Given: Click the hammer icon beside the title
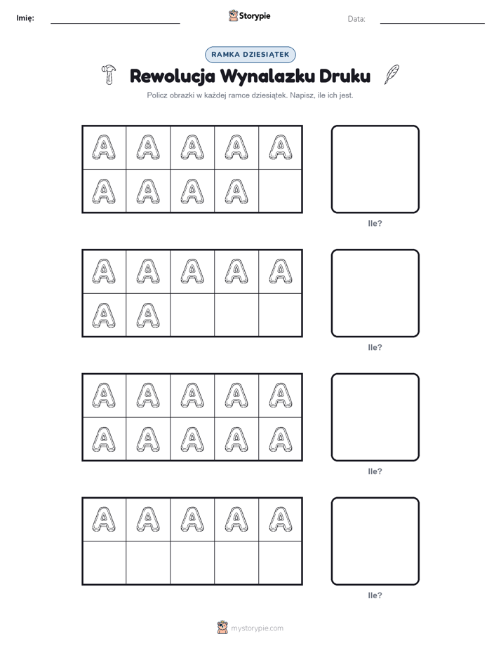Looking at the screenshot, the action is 108,75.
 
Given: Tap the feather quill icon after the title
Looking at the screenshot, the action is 392,74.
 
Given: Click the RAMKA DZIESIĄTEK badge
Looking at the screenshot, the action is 250,55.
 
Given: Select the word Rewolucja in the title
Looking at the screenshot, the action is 173,76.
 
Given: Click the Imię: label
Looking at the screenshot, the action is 25,18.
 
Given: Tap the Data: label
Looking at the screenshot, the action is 356,19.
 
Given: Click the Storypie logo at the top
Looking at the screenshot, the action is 249,15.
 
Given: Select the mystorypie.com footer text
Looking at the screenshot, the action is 257,628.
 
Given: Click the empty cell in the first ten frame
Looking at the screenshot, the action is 280,191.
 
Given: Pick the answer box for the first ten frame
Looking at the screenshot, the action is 375,170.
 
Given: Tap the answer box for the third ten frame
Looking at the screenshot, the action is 375,417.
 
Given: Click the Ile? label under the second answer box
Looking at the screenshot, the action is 375,348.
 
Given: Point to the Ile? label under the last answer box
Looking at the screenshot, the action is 375,595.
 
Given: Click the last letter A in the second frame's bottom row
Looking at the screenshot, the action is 148,316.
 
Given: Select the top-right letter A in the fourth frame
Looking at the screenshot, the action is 281,519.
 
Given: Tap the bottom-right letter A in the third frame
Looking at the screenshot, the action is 281,439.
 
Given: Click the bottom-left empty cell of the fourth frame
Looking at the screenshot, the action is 104,562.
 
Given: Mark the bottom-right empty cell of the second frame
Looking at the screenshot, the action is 280,315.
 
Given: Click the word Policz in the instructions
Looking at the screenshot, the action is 157,95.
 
